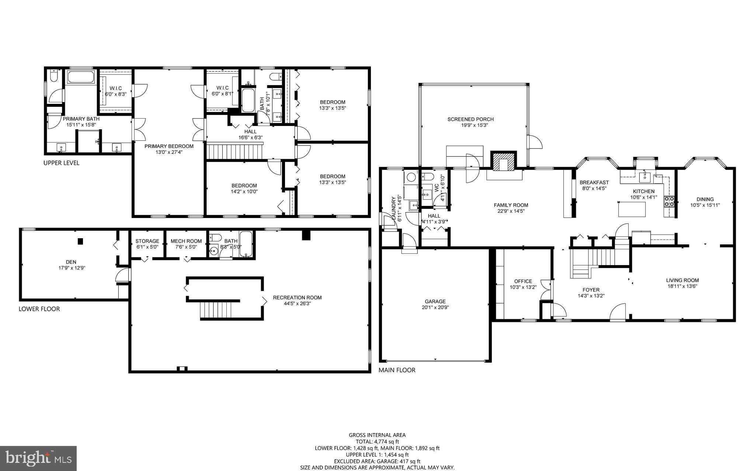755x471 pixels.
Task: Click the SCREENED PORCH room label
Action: tap(470, 119)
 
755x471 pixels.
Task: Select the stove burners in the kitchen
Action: tap(669, 201)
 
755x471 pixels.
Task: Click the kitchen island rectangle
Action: tap(632, 210)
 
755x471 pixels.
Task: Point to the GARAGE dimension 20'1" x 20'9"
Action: tap(435, 307)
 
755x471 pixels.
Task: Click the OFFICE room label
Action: tap(523, 281)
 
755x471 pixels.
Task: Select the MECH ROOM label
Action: tap(186, 241)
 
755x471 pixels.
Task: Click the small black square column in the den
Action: tap(80, 241)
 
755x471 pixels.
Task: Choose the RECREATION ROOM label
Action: tap(297, 298)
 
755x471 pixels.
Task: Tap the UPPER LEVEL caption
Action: tap(61, 163)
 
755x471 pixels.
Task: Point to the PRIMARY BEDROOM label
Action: tap(169, 146)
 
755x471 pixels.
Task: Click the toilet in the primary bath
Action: tap(53, 76)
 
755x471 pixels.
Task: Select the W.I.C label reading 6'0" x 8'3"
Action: tap(116, 91)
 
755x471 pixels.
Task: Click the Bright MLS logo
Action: tap(38, 458)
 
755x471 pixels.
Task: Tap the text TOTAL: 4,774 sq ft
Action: tap(377, 442)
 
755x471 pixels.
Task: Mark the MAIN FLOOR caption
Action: tap(397, 370)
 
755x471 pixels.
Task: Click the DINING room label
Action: tap(705, 199)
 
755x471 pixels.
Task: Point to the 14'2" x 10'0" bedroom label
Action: tap(244, 189)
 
